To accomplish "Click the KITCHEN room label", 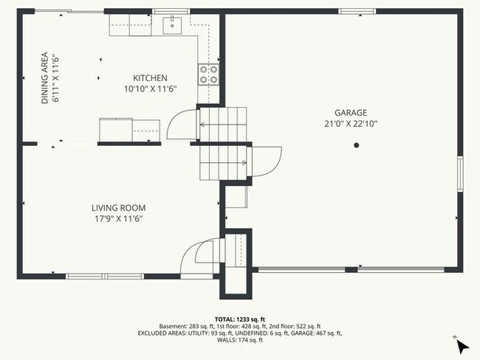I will click(x=150, y=78).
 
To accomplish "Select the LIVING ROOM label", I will click(x=118, y=208).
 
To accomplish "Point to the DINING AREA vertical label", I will click(x=45, y=77).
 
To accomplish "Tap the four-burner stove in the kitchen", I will click(x=208, y=73).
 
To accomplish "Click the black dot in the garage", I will click(x=356, y=145).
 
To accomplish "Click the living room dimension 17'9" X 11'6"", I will click(x=118, y=218).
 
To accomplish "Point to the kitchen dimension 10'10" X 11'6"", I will click(x=150, y=89).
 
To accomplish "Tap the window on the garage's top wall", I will click(x=356, y=11).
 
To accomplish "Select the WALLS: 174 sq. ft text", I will click(x=240, y=340).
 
